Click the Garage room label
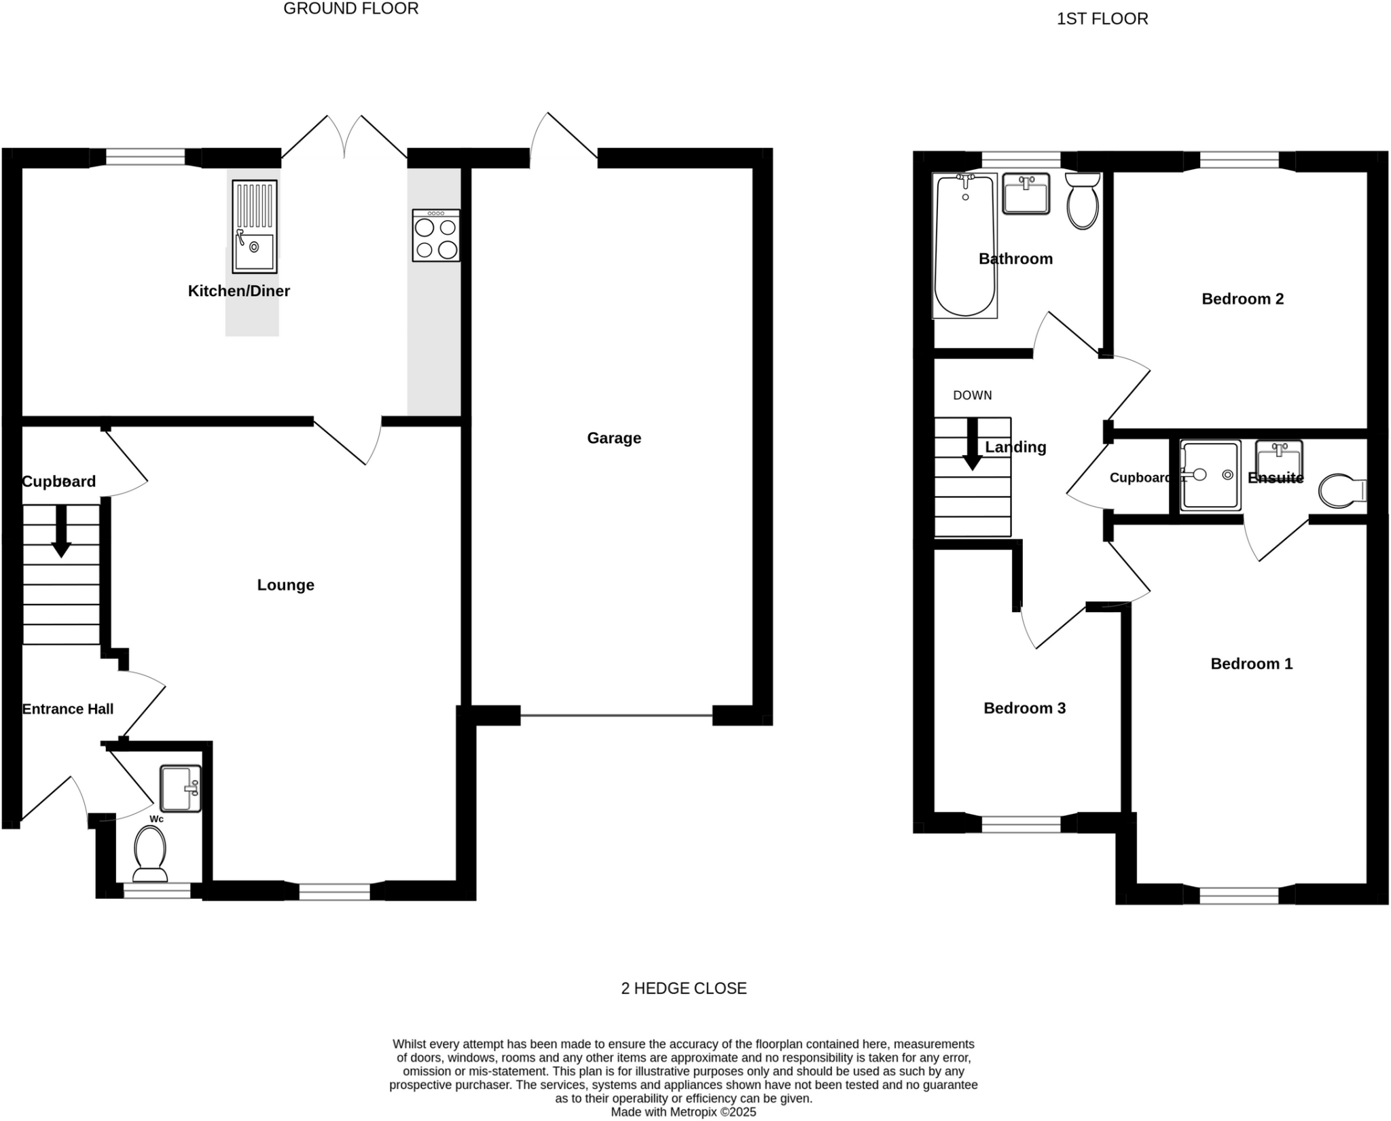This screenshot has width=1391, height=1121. (613, 438)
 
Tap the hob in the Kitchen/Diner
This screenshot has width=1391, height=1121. (436, 236)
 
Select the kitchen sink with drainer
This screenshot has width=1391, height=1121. (255, 227)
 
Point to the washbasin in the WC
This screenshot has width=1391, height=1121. (181, 788)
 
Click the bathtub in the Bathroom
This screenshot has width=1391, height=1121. (964, 245)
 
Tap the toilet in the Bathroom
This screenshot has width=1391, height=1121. (1083, 201)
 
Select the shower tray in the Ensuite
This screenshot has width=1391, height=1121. (1210, 475)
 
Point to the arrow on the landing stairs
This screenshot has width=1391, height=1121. (973, 445)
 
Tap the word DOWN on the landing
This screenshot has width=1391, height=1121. (972, 395)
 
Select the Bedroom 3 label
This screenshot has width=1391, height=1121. (1024, 709)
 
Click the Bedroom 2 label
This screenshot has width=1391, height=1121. (1242, 299)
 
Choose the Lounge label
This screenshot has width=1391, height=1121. (285, 585)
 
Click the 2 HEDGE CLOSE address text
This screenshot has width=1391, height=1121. (683, 989)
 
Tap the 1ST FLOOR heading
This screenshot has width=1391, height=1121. (1102, 19)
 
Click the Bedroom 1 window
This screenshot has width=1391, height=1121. (1239, 895)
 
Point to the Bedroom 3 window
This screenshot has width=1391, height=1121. (1021, 824)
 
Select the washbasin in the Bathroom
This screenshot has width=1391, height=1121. (1026, 193)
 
